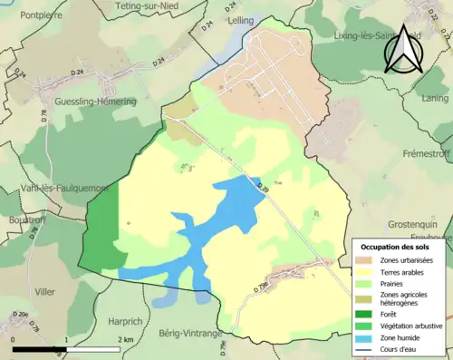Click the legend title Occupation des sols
pyautogui.click(x=395, y=247)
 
